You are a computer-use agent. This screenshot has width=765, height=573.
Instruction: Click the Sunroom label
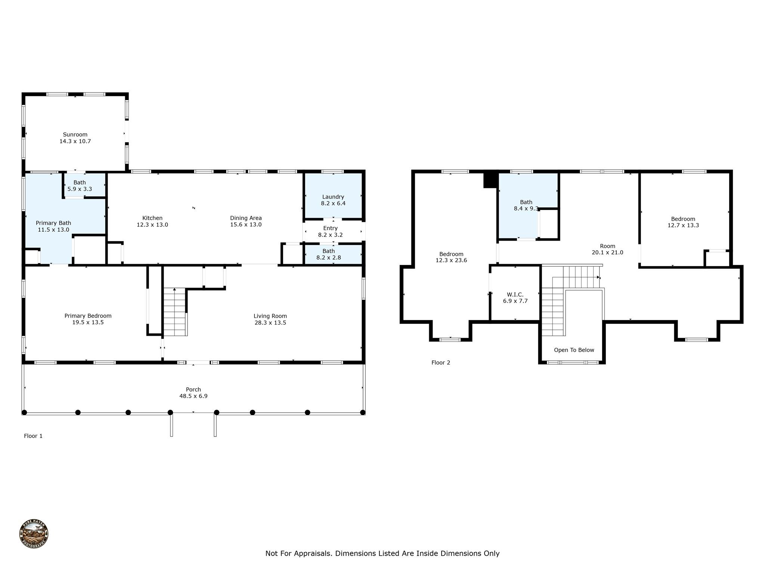(x=75, y=135)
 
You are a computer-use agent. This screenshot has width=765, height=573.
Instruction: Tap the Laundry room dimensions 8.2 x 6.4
(x=333, y=203)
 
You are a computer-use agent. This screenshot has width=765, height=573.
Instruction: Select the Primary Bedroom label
(x=88, y=316)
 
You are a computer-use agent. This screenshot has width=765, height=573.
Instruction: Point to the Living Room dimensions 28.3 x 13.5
(x=270, y=323)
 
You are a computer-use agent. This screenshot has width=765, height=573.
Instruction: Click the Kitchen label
(x=152, y=218)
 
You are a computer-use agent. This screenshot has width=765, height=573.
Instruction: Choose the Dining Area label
(x=246, y=218)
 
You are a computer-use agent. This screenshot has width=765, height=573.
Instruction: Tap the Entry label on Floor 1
(x=330, y=228)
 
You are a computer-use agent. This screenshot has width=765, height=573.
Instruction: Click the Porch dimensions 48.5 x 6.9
(x=193, y=396)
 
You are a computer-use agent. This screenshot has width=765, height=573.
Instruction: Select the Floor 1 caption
(x=33, y=436)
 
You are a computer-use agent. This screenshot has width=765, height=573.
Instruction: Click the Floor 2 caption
(x=441, y=363)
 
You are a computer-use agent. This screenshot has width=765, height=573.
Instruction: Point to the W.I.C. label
(x=515, y=294)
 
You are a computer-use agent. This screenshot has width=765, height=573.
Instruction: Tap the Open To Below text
(x=574, y=350)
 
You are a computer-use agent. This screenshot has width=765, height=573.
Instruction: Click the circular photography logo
(x=34, y=534)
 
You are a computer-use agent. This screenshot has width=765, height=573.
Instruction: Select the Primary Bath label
(x=53, y=223)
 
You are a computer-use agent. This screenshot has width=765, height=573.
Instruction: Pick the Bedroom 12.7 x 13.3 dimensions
(x=683, y=225)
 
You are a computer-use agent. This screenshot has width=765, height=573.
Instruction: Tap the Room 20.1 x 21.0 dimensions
(x=607, y=253)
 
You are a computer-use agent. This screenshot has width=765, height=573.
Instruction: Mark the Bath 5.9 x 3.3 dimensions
(x=80, y=189)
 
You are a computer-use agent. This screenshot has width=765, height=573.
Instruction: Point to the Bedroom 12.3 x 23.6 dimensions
(x=451, y=260)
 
